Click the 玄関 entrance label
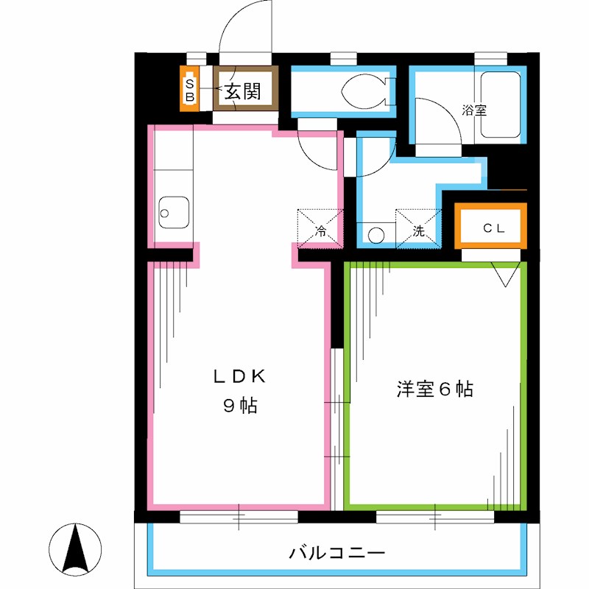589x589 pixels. (x=242, y=91)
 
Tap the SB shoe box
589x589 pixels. (x=189, y=89)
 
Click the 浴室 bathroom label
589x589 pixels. (x=473, y=110)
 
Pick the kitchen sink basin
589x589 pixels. (x=174, y=214)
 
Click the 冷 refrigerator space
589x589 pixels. (x=320, y=227)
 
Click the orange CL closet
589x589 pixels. (x=492, y=227)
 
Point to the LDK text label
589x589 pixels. (x=239, y=375)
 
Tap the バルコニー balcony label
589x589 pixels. (x=336, y=551)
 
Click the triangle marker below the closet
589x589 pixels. (x=506, y=275)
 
